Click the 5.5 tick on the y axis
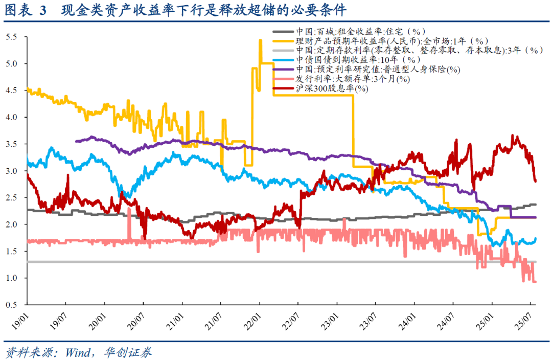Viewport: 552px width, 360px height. pyautogui.click(x=11, y=37)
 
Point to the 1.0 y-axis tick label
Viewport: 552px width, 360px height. pyautogui.click(x=11, y=278)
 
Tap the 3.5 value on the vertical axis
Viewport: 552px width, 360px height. pyautogui.click(x=11, y=144)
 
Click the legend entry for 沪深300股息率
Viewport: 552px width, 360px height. pyautogui.click(x=332, y=88)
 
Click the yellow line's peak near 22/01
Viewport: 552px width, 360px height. pyautogui.click(x=261, y=40)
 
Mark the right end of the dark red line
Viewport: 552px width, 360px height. pyautogui.click(x=535, y=181)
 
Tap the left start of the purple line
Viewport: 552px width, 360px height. pyautogui.click(x=76, y=142)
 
